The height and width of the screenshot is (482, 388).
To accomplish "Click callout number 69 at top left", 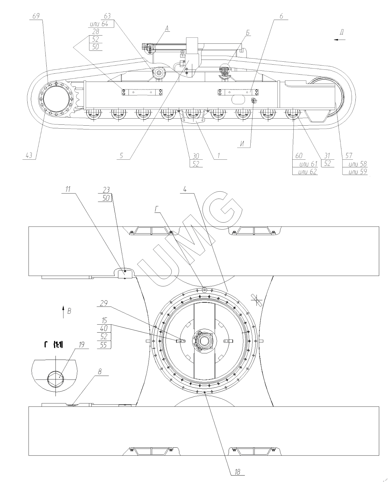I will (36, 16).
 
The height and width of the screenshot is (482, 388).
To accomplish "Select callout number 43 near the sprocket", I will (29, 156).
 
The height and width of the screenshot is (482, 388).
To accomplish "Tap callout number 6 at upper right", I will (281, 16).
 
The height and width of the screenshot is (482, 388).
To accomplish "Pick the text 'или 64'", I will (99, 24).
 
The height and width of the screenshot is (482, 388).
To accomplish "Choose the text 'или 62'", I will (308, 172).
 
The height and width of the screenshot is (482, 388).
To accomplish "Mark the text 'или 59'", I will (358, 172).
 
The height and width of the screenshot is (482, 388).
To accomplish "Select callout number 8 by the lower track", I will (99, 372).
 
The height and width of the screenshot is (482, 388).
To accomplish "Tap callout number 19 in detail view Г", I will (81, 345).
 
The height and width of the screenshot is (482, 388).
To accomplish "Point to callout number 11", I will (68, 189).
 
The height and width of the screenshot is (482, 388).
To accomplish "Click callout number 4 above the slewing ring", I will (185, 189).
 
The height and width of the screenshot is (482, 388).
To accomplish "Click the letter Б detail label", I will (247, 33).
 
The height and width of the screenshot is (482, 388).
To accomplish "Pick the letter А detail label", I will (167, 28).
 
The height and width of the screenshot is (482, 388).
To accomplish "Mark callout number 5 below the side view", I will (122, 156).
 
